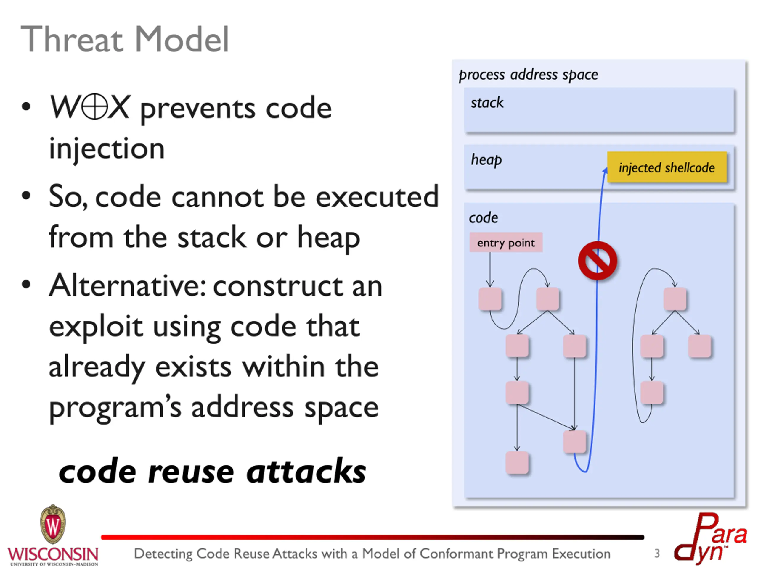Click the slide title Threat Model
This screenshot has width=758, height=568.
tap(125, 39)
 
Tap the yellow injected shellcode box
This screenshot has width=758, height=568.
tap(667, 167)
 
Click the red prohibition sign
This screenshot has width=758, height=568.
tap(597, 261)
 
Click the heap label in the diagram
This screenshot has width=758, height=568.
tap(486, 160)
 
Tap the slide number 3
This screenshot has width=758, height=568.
tap(656, 553)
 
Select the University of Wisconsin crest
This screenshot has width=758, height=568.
tap(53, 524)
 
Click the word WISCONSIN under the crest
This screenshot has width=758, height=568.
tap(53, 553)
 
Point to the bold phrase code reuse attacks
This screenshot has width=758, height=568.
tap(213, 472)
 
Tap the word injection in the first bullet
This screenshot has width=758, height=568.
tap(107, 148)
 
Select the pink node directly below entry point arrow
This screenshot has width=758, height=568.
tap(490, 299)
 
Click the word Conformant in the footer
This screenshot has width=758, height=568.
tap(457, 553)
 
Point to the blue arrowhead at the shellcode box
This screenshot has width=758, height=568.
tap(605, 170)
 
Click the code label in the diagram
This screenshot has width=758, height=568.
tap(483, 218)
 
